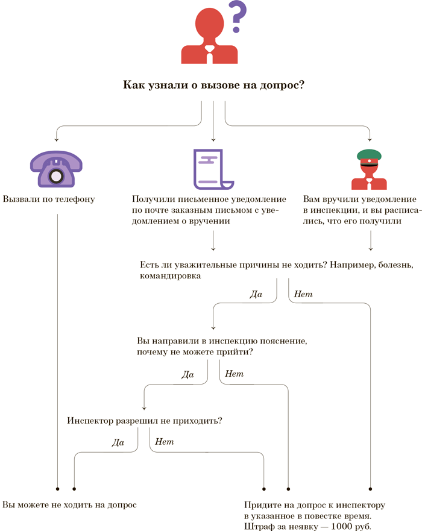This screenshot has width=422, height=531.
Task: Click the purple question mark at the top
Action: point(239,16)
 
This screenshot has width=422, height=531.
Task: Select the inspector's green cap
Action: point(369,155)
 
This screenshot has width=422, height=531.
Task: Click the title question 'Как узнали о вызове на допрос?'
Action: point(213,86)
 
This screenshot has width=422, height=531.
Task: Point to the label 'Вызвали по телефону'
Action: point(49,199)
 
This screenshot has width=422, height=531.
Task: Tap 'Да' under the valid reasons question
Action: point(256,295)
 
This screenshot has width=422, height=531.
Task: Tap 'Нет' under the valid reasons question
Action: point(303,295)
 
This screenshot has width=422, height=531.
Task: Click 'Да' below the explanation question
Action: point(187,374)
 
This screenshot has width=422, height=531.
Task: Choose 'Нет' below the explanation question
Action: point(234,374)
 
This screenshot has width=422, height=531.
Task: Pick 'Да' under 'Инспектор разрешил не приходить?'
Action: point(118,442)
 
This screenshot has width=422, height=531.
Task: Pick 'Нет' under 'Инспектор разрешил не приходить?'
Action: point(165,442)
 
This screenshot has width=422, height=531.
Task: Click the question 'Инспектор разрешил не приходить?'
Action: point(145,421)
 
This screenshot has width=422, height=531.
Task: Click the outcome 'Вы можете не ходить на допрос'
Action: point(70,504)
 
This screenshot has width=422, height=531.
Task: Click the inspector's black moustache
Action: point(369,164)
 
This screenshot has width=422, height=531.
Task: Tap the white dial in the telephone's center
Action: point(56,175)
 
